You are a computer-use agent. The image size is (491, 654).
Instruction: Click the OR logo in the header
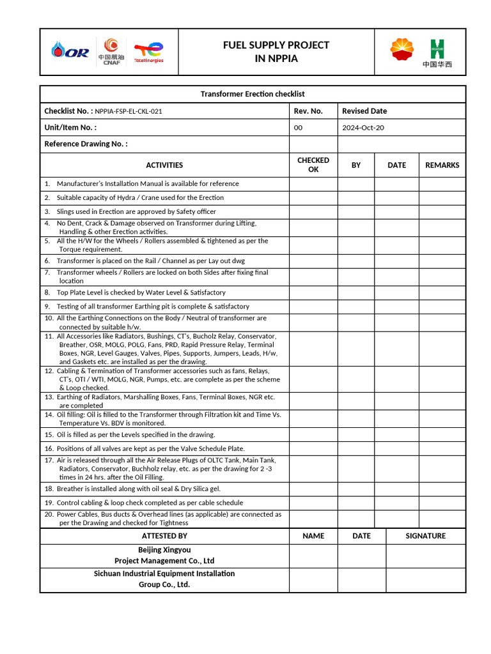(70, 51)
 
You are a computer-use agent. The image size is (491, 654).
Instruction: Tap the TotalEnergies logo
(148, 52)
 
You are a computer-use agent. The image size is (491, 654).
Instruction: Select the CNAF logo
(111, 51)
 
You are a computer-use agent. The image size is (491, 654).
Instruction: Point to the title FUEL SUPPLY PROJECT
(276, 45)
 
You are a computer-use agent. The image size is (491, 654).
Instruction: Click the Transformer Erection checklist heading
(253, 94)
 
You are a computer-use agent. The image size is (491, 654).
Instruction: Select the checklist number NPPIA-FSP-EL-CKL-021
(129, 111)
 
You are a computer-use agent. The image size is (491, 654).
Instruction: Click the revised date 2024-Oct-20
(363, 128)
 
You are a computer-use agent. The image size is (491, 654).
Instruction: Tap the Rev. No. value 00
(298, 128)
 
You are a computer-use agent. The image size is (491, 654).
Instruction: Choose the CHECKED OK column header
(313, 165)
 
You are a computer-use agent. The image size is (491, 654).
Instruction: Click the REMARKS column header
(442, 165)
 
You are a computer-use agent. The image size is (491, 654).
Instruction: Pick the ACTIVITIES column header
(164, 165)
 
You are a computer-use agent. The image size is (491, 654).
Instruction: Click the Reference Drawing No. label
(86, 144)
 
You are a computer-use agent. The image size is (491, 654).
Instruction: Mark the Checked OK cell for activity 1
(313, 184)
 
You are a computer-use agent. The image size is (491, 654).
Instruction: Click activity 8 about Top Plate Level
(141, 293)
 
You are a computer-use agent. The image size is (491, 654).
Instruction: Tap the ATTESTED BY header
(164, 536)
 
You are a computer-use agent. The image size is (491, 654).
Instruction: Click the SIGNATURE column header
(426, 536)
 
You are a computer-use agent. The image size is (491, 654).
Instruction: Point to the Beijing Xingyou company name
(164, 555)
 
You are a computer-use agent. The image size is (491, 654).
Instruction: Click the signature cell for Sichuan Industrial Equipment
(426, 579)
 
